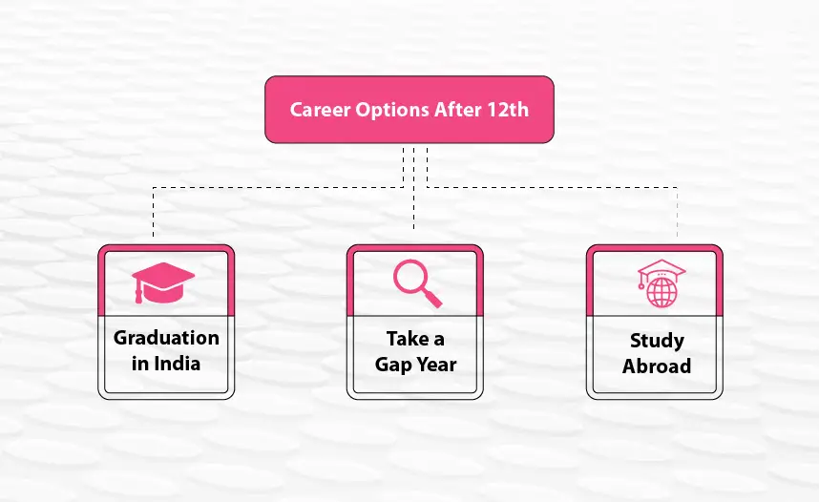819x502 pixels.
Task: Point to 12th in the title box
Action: (508, 110)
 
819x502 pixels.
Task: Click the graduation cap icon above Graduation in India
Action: (163, 282)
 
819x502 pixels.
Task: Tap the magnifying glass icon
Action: (417, 283)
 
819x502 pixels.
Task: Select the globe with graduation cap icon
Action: (661, 283)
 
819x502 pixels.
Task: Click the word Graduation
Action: (166, 338)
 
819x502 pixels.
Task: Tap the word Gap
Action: (393, 365)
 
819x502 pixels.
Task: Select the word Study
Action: (657, 341)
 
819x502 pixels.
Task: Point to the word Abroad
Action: (657, 366)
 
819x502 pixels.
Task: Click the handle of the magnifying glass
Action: (433, 299)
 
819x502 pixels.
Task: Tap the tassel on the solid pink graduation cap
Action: (137, 293)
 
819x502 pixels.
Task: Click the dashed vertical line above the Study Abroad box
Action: (678, 212)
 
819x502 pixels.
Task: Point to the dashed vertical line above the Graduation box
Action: (153, 212)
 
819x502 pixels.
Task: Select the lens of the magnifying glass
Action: (411, 277)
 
